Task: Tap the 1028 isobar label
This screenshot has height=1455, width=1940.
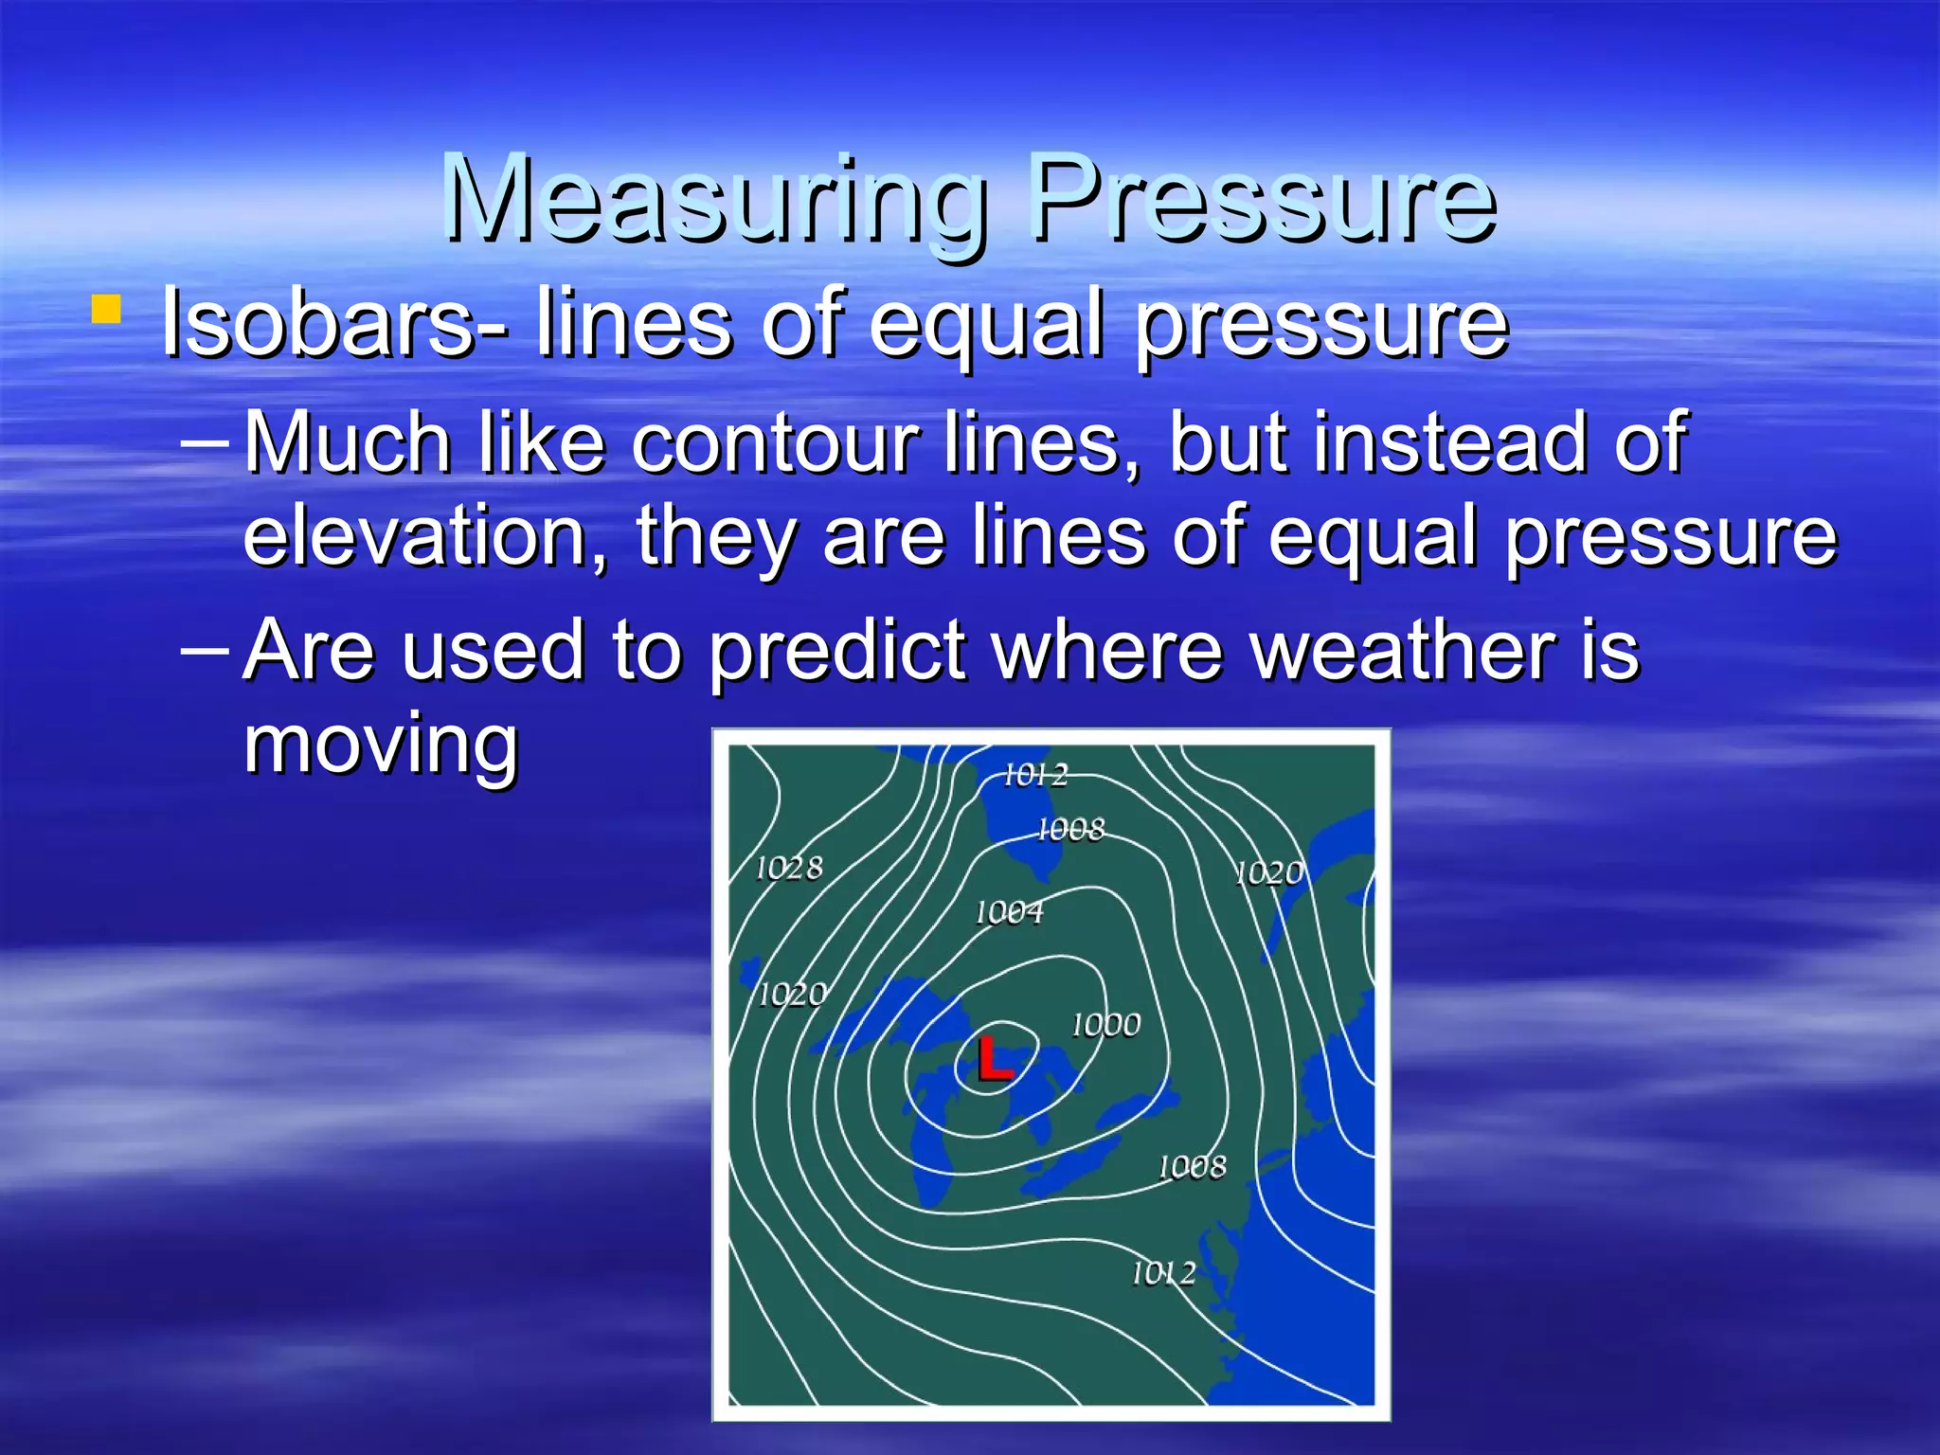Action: (788, 867)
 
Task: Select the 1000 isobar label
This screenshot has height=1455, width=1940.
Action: (1105, 1024)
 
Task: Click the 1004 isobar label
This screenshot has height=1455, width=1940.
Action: (1009, 911)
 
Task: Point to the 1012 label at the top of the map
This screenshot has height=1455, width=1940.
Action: (1034, 775)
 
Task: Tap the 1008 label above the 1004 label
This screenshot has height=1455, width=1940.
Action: (1070, 830)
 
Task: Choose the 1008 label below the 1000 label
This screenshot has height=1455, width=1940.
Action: (1192, 1165)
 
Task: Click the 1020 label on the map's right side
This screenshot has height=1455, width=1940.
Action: (1269, 872)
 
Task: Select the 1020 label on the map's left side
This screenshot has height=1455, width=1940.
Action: (792, 994)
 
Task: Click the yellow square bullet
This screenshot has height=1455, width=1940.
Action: (106, 310)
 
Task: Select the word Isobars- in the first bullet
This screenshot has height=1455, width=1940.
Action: (334, 323)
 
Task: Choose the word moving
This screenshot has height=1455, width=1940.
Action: (381, 745)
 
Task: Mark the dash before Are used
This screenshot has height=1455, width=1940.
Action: (204, 651)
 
